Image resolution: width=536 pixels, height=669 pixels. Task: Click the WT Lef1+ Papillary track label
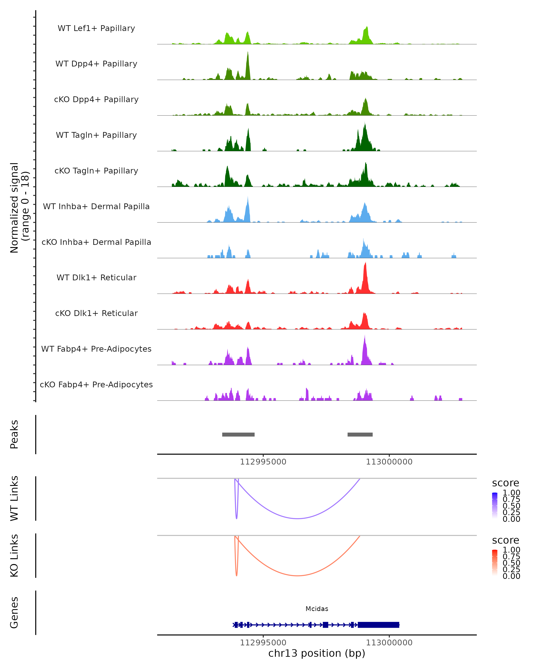click(96, 28)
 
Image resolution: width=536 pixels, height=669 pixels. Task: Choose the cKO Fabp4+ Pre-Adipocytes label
click(96, 384)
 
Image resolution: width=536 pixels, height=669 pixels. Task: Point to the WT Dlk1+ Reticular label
click(96, 277)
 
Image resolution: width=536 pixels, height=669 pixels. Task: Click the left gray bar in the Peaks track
click(238, 434)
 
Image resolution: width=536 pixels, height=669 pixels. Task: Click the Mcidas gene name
click(317, 609)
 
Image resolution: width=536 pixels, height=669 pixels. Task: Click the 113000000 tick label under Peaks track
click(389, 462)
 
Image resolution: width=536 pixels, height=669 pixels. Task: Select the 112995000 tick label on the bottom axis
click(263, 643)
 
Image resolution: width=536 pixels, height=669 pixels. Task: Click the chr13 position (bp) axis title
click(317, 653)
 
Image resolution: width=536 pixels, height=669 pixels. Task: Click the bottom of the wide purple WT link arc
click(298, 518)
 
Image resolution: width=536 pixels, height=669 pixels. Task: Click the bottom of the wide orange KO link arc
click(298, 576)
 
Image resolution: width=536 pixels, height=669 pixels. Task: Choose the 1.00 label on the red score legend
click(511, 550)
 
